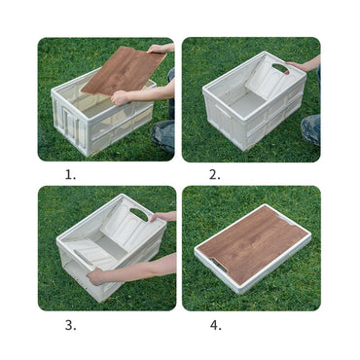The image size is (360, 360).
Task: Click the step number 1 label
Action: pos(70,175)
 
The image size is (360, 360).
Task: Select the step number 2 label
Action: pos(214,175)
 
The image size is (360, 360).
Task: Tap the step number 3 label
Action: pos(70,325)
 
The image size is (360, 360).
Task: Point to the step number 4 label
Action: pos(215,325)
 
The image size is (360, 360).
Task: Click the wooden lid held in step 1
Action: pos(124,69)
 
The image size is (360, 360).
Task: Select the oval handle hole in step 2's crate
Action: pos(280,68)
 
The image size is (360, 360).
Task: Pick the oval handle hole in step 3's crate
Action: pos(139,213)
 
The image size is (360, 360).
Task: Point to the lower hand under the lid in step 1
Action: pos(120,96)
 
